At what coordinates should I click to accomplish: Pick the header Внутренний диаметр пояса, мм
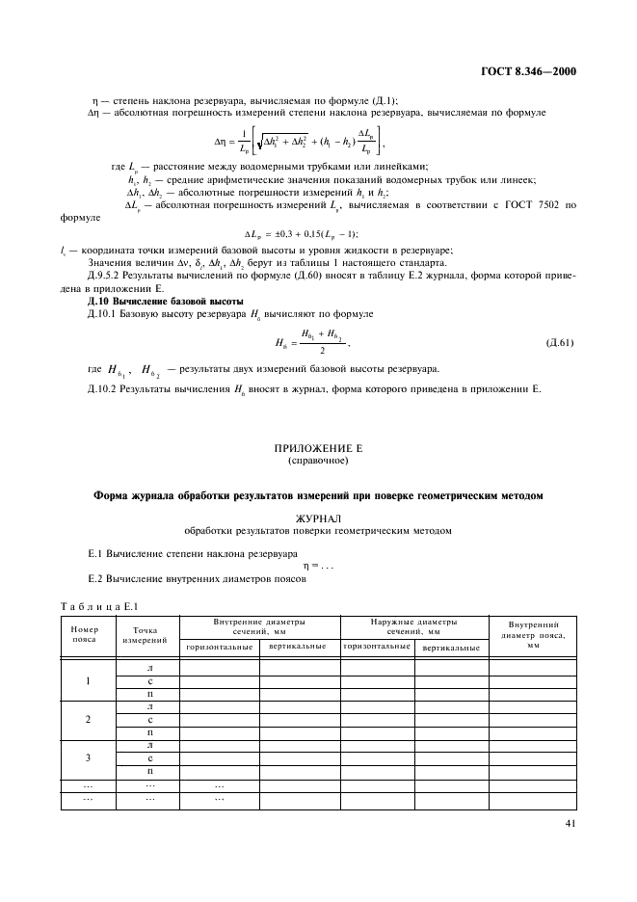pyautogui.click(x=533, y=634)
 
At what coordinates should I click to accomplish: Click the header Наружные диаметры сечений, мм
pyautogui.click(x=414, y=626)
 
